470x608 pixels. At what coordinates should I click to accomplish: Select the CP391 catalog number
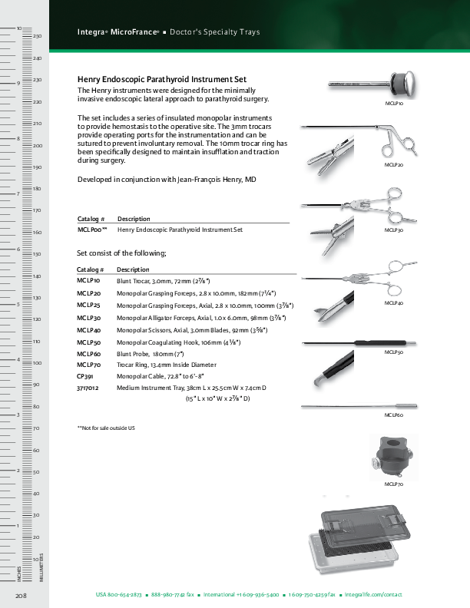(85, 377)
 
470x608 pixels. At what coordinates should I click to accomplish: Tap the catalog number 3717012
(88, 388)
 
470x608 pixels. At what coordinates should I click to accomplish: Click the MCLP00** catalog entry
(92, 230)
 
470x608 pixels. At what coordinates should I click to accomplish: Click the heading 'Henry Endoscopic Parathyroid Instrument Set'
(162, 80)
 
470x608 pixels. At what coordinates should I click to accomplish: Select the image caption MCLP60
(394, 415)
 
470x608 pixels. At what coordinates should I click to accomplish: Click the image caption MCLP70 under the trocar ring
(394, 485)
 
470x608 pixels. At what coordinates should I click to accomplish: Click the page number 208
(21, 595)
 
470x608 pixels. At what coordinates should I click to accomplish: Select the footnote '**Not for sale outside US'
(106, 427)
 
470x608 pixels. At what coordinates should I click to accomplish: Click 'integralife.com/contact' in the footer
(373, 595)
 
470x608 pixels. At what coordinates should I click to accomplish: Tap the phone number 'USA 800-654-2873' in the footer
(118, 595)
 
